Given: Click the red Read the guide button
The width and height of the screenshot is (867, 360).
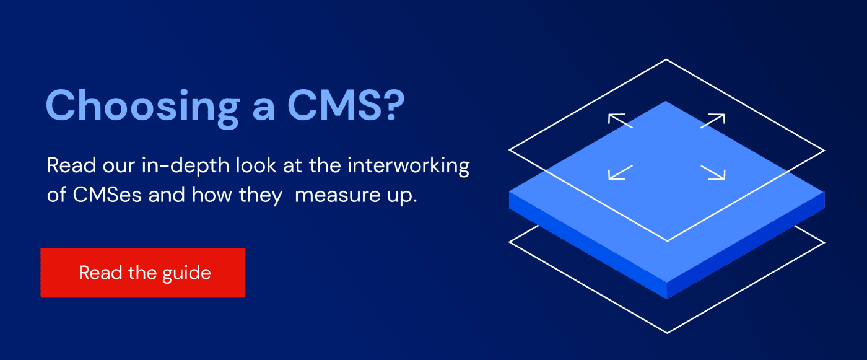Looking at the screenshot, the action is point(143,273).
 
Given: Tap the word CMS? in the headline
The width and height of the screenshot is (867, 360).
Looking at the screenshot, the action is point(346,106).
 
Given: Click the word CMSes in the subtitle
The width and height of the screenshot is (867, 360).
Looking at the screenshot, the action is point(107,195).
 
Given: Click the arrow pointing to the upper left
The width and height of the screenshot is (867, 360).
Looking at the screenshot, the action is point(620,120).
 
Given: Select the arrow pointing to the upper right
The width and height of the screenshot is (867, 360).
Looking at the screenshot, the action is point(713,120).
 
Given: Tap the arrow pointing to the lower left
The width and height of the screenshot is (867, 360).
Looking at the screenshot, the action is point(620,173).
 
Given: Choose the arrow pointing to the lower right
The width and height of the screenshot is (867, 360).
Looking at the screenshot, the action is point(713,173).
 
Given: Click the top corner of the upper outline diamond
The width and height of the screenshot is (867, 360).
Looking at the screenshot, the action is point(666,59).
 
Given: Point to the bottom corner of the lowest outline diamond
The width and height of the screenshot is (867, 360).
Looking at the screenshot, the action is point(668,333).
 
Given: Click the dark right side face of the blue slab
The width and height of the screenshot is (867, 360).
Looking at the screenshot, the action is point(746,245).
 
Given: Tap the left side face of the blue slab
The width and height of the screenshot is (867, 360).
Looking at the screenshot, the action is point(588,245).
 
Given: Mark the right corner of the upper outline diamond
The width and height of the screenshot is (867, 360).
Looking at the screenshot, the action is point(824,150).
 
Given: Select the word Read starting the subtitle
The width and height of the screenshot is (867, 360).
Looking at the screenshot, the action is point(71,165).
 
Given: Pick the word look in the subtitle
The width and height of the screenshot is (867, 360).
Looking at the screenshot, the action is point(256,165).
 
